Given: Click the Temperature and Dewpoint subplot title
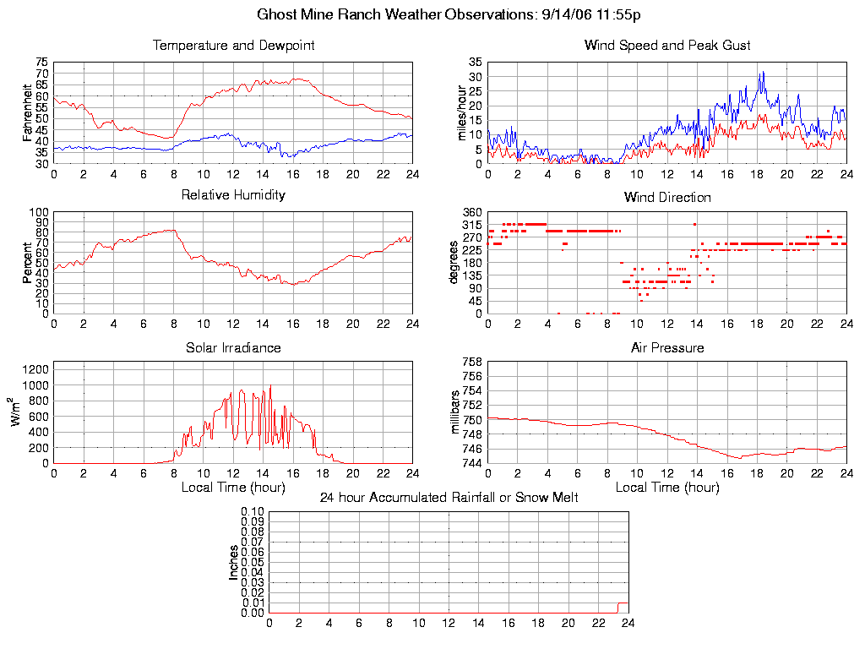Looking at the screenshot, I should pyautogui.click(x=233, y=46).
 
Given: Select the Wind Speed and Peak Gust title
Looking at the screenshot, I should pyautogui.click(x=667, y=46).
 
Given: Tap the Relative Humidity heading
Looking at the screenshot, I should pyautogui.click(x=233, y=195).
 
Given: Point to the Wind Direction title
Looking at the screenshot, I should pyautogui.click(x=667, y=198).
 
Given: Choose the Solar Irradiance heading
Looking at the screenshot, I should pyautogui.click(x=233, y=347).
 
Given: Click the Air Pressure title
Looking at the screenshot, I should pyautogui.click(x=667, y=347).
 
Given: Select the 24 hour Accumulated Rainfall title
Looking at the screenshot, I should pyautogui.click(x=449, y=498).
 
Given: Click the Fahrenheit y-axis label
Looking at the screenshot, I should pyautogui.click(x=28, y=112).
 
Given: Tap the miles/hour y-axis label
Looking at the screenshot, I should pyautogui.click(x=462, y=112).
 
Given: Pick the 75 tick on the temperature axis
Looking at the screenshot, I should pyautogui.click(x=41, y=63).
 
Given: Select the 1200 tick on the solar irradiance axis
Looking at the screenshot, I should pyautogui.click(x=35, y=368).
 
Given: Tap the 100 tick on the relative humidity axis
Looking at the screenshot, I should pyautogui.click(x=39, y=212).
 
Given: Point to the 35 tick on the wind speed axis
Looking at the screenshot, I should pyautogui.click(x=474, y=63).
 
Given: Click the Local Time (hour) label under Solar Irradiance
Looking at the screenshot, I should pyautogui.click(x=233, y=487).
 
